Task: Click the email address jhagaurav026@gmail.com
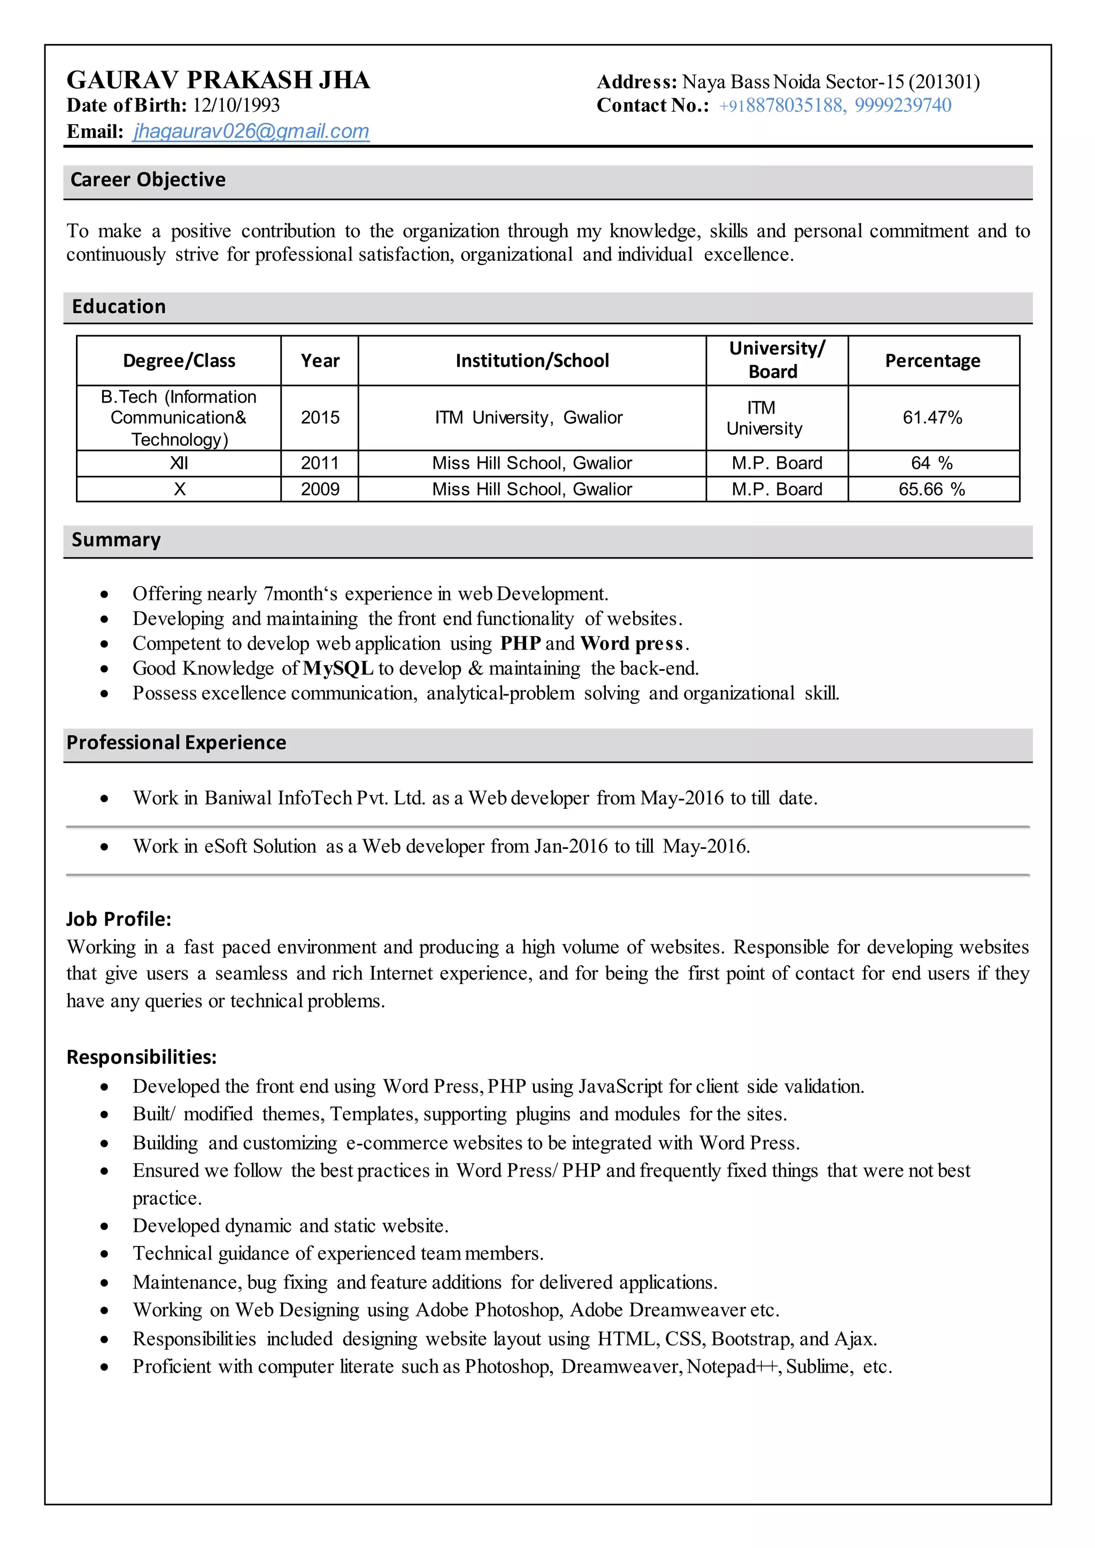pos(251,131)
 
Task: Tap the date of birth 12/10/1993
pos(236,105)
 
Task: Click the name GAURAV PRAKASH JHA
pos(218,80)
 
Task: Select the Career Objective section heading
pos(148,180)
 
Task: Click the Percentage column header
pos(932,361)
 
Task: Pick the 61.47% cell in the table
pos(932,417)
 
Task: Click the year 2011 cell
pos(320,463)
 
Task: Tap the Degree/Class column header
pos(179,361)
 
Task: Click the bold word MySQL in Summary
pos(338,668)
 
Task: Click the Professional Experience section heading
pos(176,742)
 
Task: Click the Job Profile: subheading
pos(119,919)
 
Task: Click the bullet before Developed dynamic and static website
pos(104,1226)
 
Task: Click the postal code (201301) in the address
pos(944,82)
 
